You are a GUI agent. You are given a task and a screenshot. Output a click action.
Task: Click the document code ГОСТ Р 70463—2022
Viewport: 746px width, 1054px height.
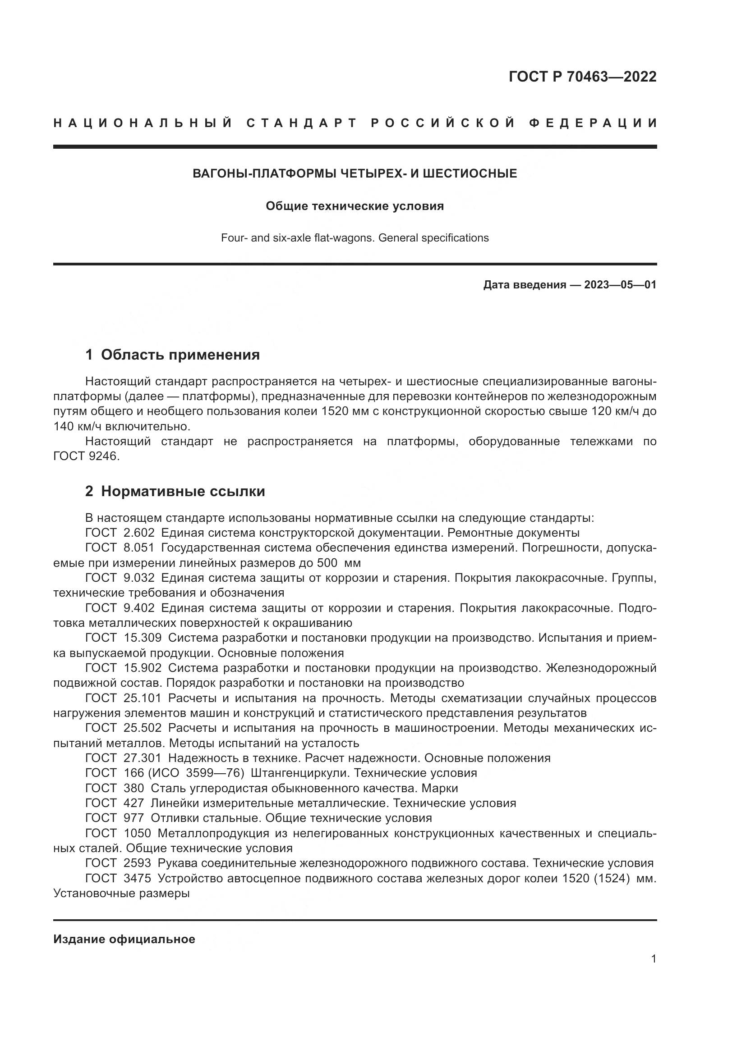[582, 77]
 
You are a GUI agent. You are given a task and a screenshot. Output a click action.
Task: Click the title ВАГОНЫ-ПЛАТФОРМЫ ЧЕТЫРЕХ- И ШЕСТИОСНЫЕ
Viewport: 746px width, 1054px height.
[355, 173]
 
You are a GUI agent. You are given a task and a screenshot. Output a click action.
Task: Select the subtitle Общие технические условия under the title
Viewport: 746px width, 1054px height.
[355, 206]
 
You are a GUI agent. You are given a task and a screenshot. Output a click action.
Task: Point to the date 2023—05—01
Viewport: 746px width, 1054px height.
[620, 285]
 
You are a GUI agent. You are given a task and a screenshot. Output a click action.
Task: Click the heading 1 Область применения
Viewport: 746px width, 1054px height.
[172, 354]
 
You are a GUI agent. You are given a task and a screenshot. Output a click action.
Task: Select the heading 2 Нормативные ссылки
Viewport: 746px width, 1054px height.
[175, 491]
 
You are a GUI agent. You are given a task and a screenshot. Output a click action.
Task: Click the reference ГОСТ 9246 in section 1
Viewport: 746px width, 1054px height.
[86, 457]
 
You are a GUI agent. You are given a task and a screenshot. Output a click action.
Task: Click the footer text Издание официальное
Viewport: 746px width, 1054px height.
[124, 939]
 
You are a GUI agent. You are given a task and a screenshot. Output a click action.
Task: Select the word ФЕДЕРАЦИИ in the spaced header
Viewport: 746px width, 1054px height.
[593, 123]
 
